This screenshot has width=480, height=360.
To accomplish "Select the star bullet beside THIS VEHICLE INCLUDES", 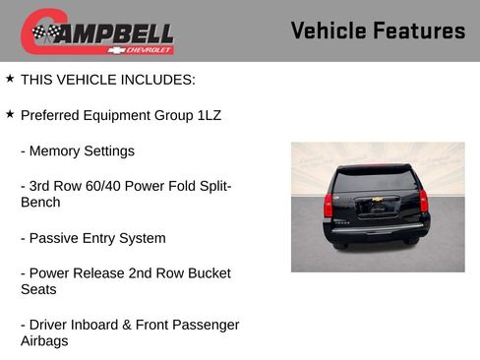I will pyautogui.click(x=10, y=78).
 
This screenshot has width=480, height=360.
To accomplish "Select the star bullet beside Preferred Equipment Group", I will pyautogui.click(x=10, y=114).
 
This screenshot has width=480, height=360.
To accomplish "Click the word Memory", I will pyautogui.click(x=54, y=151).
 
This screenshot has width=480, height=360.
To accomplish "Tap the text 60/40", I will pyautogui.click(x=101, y=187).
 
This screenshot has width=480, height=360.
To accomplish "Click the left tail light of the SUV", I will pyautogui.click(x=329, y=205).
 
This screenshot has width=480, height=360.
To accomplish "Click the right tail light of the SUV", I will pyautogui.click(x=424, y=201).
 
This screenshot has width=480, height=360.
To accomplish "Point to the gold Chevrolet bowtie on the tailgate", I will pyautogui.click(x=375, y=207).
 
